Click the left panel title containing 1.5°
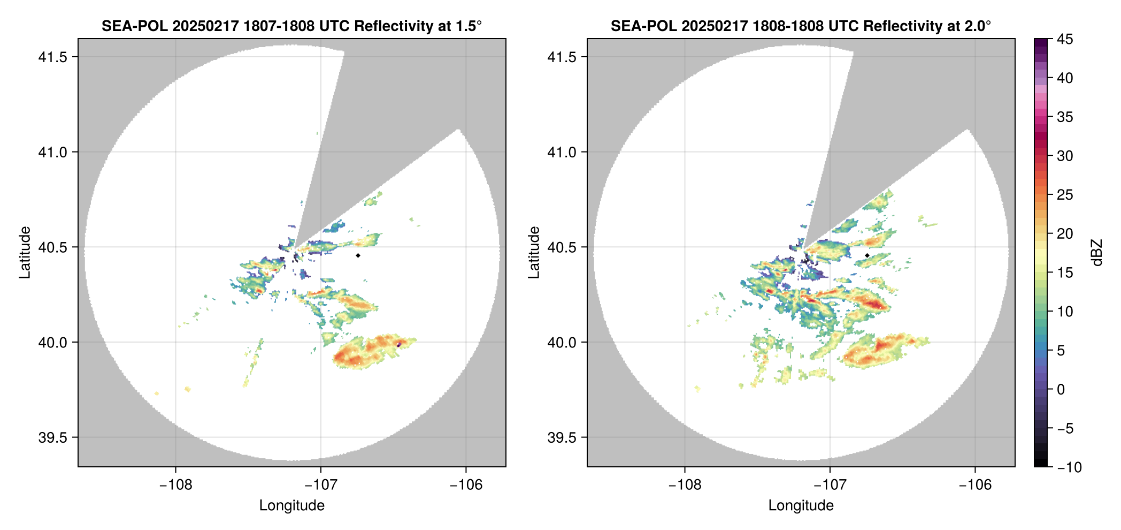pos(291,26)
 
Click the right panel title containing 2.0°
pos(801,26)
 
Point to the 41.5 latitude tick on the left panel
pos(52,57)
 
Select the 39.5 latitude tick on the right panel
pos(561,437)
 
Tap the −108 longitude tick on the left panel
pos(175,484)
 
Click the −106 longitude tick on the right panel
pos(975,484)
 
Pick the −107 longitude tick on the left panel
pos(321,484)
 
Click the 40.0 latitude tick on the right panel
pos(561,343)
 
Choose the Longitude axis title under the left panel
pos(291,505)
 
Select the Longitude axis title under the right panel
pos(801,505)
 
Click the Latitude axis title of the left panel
pos(25,252)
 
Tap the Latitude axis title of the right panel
pos(534,252)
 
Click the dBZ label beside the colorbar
pos(1097,252)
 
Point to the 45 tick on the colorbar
pos(1064,39)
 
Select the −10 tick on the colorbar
pos(1069,467)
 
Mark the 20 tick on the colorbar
pos(1064,234)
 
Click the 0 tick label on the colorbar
pos(1061,390)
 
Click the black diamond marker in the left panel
pos(358,255)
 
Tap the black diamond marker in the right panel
pos(867,255)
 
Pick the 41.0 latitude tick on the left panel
pos(52,152)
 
